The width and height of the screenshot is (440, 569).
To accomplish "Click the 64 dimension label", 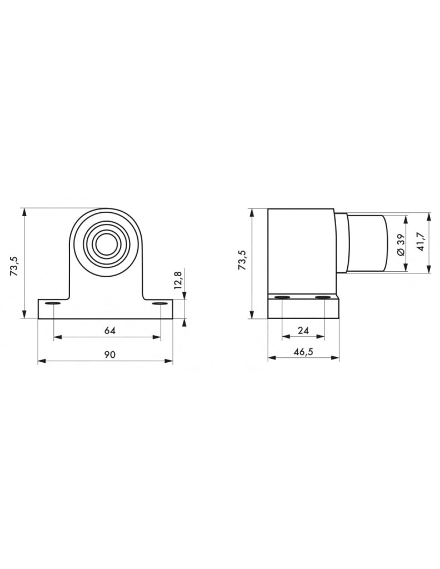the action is pyautogui.click(x=109, y=331).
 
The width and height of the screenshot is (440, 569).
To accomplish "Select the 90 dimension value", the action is pyautogui.click(x=109, y=354).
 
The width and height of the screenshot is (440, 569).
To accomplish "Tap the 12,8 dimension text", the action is pyautogui.click(x=178, y=280).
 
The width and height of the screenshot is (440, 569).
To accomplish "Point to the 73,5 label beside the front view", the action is pyautogui.click(x=14, y=266).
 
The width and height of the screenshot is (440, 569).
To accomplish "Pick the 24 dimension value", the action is pyautogui.click(x=303, y=330).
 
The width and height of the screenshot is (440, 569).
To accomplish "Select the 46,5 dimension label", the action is pyautogui.click(x=303, y=352).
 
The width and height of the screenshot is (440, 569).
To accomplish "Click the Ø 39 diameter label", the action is pyautogui.click(x=400, y=244).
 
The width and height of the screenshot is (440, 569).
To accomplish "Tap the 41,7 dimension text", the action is pyautogui.click(x=421, y=242).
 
